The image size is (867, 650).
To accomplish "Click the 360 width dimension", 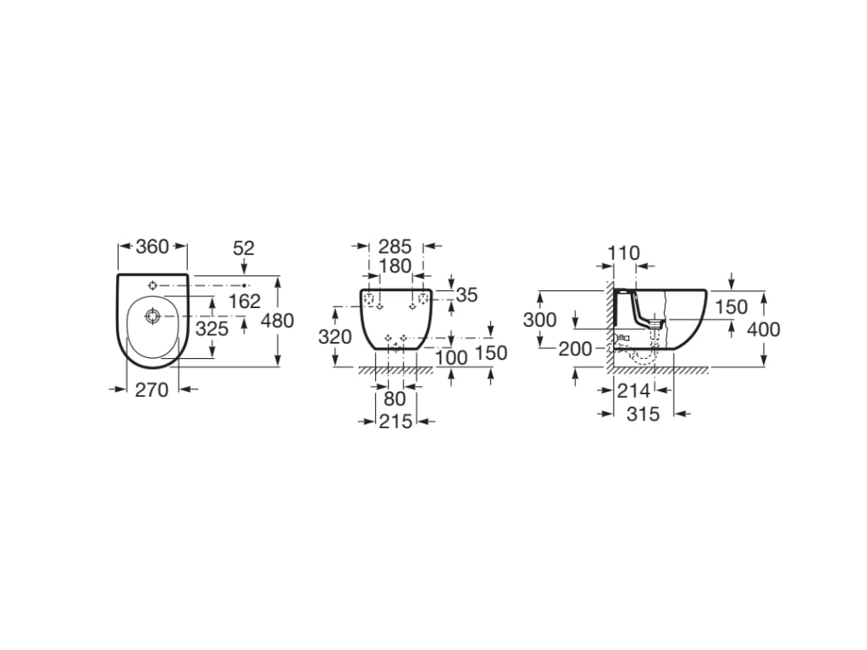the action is click(x=152, y=246).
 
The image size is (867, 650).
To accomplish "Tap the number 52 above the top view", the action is click(x=243, y=249).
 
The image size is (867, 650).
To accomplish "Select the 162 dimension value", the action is click(x=245, y=301).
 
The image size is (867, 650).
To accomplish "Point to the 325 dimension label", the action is click(x=212, y=329).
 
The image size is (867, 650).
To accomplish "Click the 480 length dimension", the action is click(x=277, y=321).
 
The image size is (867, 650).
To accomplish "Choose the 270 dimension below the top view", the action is click(x=152, y=390).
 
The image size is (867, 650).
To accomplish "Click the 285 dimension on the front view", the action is click(x=395, y=246).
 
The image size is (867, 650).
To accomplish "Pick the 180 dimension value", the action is click(x=395, y=267).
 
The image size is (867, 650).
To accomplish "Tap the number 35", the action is click(x=467, y=295).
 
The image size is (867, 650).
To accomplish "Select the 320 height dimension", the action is click(x=334, y=337).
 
